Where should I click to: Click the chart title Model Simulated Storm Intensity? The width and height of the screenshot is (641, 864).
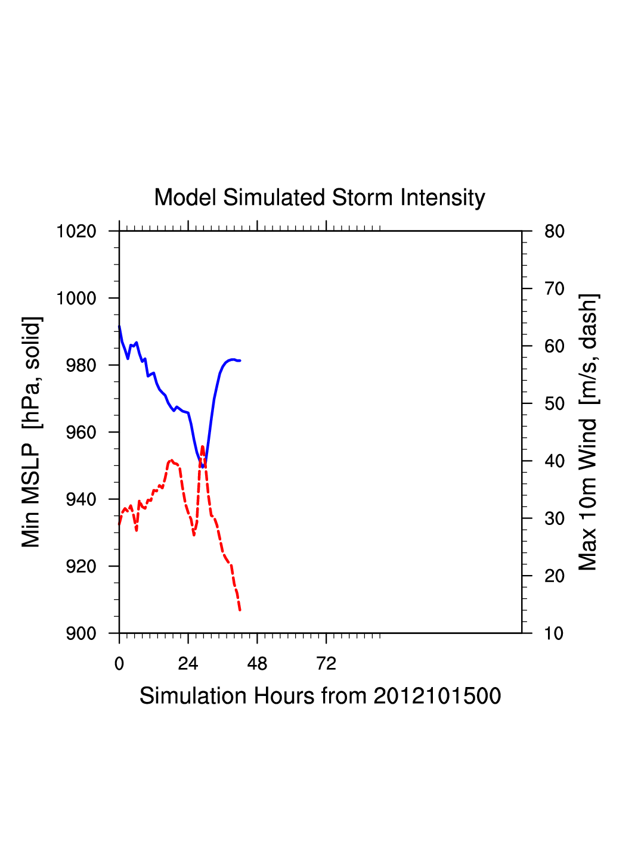[x=320, y=198]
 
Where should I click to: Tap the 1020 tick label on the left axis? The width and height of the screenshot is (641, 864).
[x=76, y=231]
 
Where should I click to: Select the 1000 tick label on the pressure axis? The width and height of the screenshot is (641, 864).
[x=76, y=298]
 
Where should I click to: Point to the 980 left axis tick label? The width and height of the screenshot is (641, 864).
[x=80, y=365]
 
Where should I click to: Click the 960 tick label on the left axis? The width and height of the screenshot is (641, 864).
[x=80, y=432]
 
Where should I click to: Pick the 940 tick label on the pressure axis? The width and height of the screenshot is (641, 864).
[x=80, y=499]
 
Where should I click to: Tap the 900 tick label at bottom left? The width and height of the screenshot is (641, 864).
[x=80, y=633]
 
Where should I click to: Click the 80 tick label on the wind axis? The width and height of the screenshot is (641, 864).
[x=554, y=231]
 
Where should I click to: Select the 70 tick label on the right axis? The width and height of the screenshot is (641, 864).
[x=554, y=289]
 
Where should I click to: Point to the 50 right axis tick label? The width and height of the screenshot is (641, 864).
[x=554, y=404]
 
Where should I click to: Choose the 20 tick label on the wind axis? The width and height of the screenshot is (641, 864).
[x=554, y=576]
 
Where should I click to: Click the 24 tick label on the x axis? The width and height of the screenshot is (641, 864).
[x=188, y=664]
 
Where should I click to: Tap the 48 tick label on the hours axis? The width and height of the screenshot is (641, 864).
[x=257, y=664]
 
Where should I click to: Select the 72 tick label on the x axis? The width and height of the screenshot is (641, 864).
[x=326, y=664]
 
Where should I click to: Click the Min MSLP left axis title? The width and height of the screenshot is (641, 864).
[x=31, y=432]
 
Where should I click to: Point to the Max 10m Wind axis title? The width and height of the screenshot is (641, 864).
[x=588, y=432]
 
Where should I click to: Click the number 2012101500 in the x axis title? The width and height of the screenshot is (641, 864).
[x=437, y=696]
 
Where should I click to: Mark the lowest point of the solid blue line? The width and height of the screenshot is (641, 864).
[x=203, y=467]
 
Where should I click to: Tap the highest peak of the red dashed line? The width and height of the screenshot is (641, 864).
[x=202, y=446]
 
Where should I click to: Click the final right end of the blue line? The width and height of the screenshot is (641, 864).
[x=240, y=360]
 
